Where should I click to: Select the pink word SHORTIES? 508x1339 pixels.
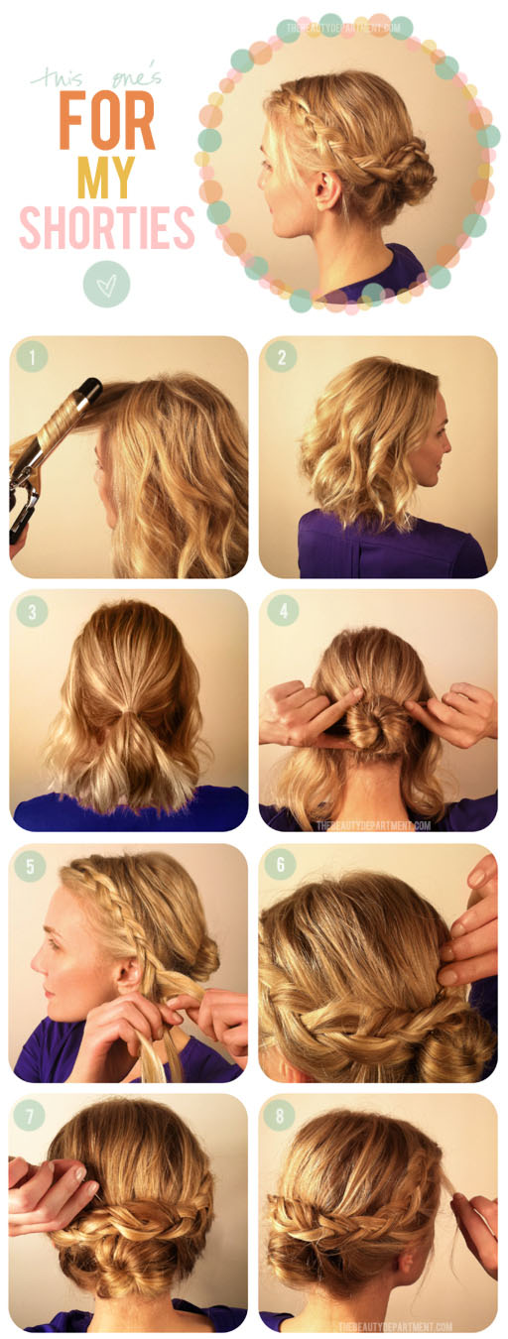tap(106, 227)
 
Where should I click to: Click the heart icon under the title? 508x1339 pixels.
tap(106, 285)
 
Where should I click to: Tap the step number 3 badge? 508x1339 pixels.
tap(32, 611)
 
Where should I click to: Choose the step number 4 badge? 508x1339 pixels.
tap(281, 611)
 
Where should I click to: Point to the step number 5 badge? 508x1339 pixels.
tap(32, 866)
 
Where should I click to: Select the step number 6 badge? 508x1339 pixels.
tap(281, 866)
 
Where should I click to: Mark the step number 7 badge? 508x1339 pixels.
tap(32, 1118)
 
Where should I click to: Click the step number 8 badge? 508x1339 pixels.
tap(281, 1118)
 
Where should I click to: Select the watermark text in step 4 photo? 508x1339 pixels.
tap(373, 823)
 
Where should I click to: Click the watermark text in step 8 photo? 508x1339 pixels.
tap(394, 1326)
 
